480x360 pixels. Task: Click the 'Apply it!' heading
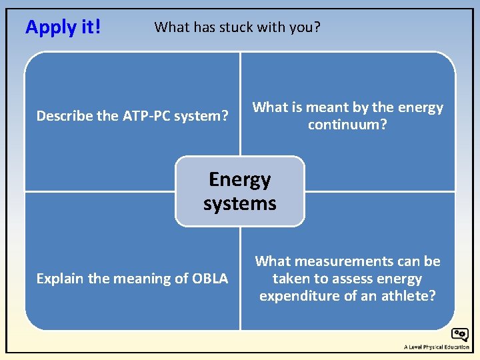point(63,27)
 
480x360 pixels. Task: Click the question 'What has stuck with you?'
point(237,27)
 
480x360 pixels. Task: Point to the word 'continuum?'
point(347,125)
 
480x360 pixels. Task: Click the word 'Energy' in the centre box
point(240,179)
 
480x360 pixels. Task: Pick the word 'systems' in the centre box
point(240,203)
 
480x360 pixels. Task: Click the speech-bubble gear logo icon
point(459,335)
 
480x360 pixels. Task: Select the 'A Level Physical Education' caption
point(436,347)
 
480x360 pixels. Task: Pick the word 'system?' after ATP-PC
point(201,116)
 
